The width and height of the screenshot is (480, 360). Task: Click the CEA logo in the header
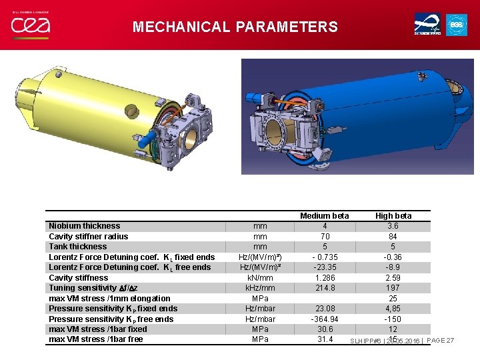(x=31, y=25)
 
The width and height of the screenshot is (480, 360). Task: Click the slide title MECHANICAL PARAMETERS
(x=235, y=27)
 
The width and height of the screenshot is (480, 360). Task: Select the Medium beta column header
(x=325, y=215)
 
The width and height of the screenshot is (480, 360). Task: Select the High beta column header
(x=393, y=215)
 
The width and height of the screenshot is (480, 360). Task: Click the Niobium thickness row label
(x=85, y=226)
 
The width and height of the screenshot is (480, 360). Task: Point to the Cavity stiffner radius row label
(x=89, y=237)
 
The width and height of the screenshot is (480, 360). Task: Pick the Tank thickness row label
(x=78, y=247)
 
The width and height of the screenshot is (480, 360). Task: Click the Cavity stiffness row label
(x=79, y=278)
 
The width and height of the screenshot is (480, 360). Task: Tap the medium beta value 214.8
(x=325, y=288)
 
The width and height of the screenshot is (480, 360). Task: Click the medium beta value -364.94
(x=325, y=319)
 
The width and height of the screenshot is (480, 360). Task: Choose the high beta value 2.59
(x=393, y=278)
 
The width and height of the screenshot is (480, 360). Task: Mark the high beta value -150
(x=393, y=319)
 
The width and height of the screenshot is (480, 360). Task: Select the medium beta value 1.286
(x=325, y=278)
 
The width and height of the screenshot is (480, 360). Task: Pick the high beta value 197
(x=393, y=288)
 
